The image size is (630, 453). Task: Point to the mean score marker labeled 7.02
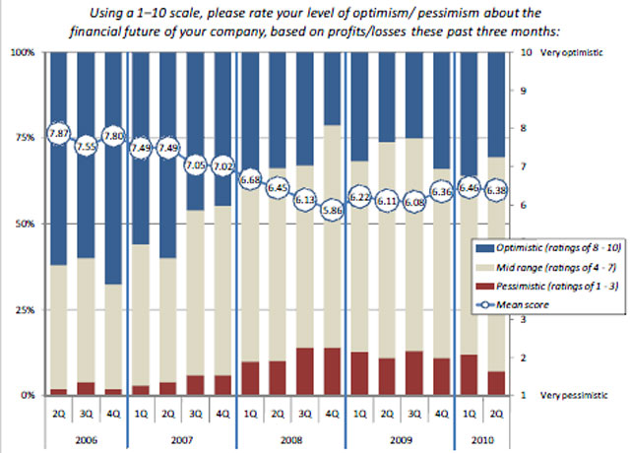pos(222,166)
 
